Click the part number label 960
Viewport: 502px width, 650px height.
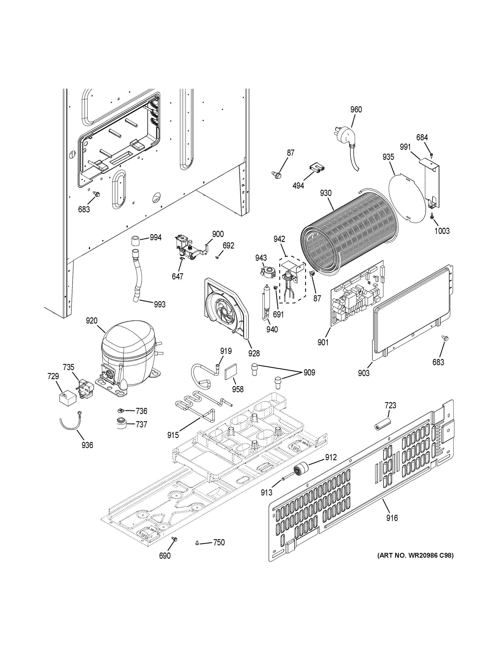pos(356,110)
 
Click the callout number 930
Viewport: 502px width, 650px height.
pos(326,193)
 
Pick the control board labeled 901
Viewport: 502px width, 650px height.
pos(357,292)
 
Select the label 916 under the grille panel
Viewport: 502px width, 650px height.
pos(392,518)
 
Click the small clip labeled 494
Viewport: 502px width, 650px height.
pos(317,168)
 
